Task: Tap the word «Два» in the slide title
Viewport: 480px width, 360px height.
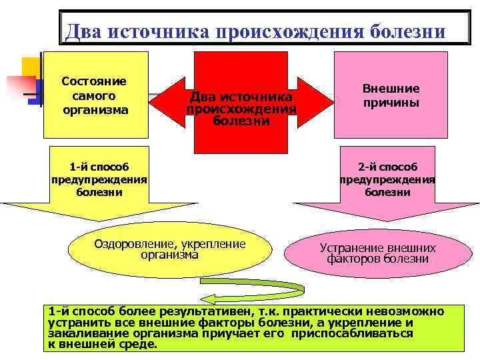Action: coord(83,32)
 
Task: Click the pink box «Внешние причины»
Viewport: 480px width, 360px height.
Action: coord(391,95)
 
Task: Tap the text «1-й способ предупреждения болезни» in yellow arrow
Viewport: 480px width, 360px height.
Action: coord(99,179)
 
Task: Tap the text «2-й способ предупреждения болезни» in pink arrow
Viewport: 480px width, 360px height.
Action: coord(387,179)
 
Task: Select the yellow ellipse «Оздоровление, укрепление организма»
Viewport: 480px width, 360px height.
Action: coord(170,249)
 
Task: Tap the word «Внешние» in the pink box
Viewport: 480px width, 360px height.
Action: coord(391,89)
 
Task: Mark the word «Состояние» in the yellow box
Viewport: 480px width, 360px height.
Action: coord(94,81)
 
